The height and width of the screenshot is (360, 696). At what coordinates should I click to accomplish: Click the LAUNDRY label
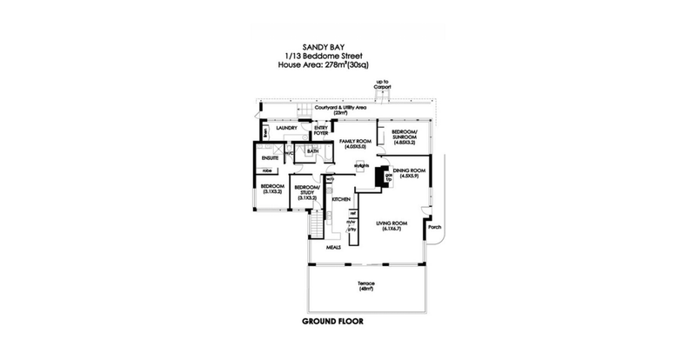(x=287, y=128)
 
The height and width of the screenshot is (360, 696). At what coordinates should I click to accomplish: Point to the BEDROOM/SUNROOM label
(x=404, y=136)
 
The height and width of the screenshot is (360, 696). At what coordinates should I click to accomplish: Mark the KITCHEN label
(x=340, y=199)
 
